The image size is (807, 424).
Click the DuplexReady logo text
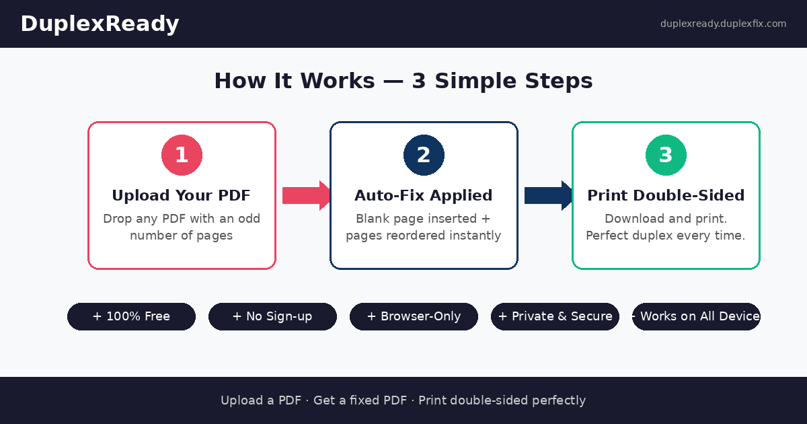coord(100,24)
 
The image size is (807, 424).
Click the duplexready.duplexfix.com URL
coord(723,24)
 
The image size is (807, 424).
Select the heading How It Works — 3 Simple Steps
coord(403,81)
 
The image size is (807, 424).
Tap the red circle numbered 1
coord(182,155)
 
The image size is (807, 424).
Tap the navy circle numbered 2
coord(424,155)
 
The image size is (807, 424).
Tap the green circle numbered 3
coord(666,155)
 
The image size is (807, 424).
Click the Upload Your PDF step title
coord(182,196)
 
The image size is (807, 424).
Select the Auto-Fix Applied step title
coord(424,196)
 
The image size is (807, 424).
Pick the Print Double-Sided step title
coord(666,196)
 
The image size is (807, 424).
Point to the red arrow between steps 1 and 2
coord(307,195)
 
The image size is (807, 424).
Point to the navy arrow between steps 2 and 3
coord(549,195)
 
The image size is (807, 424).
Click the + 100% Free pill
coord(131,316)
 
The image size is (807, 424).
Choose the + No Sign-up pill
coord(272,316)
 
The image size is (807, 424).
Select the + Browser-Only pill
coord(414,316)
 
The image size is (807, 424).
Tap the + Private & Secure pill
coord(555,316)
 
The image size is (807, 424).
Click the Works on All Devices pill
coord(697,316)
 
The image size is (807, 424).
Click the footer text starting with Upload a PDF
coord(403,400)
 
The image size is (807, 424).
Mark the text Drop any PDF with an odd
coord(182,219)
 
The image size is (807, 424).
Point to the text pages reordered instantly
coord(424,236)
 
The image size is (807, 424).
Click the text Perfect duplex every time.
coord(666,236)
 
